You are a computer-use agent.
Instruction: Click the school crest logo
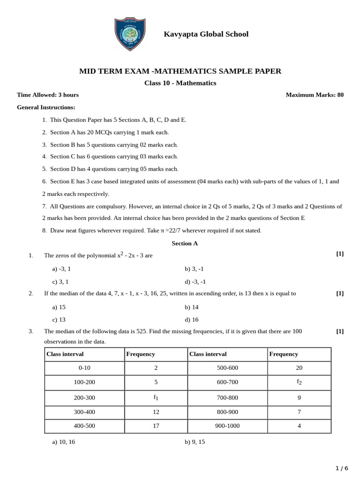pyautogui.click(x=130, y=35)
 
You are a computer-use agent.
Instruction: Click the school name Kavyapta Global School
pyautogui.click(x=206, y=34)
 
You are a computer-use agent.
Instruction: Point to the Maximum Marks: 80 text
pyautogui.click(x=315, y=95)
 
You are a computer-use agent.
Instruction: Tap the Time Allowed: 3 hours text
pyautogui.click(x=48, y=95)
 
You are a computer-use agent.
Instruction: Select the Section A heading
pyautogui.click(x=185, y=243)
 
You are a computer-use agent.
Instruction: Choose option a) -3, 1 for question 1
pyautogui.click(x=61, y=269)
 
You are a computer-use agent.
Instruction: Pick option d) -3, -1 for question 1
pyautogui.click(x=195, y=282)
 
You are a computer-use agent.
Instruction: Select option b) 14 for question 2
pyautogui.click(x=192, y=307)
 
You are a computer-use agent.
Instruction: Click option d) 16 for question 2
pyautogui.click(x=192, y=320)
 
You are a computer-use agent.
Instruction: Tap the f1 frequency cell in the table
pyautogui.click(x=156, y=397)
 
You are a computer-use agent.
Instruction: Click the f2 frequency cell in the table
pyautogui.click(x=299, y=382)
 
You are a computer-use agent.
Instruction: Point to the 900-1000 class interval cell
pyautogui.click(x=227, y=426)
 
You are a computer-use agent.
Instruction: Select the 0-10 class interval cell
pyautogui.click(x=84, y=368)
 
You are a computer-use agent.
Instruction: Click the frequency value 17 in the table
pyautogui.click(x=156, y=426)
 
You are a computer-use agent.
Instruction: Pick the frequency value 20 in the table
pyautogui.click(x=299, y=368)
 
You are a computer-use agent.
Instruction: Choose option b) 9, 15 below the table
pyautogui.click(x=195, y=442)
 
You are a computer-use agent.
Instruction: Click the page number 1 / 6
pyautogui.click(x=342, y=468)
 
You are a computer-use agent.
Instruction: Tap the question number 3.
pyautogui.click(x=31, y=331)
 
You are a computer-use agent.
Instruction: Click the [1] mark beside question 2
pyautogui.click(x=340, y=293)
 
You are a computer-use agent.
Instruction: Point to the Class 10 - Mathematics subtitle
pyautogui.click(x=180, y=83)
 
